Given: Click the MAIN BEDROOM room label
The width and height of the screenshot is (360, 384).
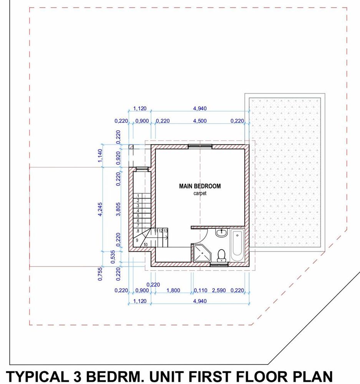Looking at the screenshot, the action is point(200,186).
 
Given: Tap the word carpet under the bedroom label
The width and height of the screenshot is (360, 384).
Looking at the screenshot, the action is point(200,193).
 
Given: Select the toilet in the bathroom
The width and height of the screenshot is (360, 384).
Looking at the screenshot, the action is point(221,255).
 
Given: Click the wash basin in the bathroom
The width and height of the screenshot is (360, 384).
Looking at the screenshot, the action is point(222,232).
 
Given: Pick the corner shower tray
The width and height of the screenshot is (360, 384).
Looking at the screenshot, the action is point(202,253).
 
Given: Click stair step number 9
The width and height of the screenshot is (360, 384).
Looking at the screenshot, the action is point(137,240).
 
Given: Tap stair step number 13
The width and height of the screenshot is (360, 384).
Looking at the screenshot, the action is point(166,231).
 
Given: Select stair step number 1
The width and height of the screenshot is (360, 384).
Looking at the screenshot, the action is point(138,196).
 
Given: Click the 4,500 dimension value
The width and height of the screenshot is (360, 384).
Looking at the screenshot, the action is point(200,121).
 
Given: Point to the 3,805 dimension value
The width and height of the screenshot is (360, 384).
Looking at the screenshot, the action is point(118,209).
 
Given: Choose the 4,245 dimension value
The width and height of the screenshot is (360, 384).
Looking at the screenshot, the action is point(100,209).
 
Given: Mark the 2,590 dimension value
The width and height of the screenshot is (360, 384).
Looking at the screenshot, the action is point(219,290).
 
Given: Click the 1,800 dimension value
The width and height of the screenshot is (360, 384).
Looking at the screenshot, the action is point(173,290).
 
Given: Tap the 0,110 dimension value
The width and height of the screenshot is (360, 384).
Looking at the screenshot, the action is point(201,290).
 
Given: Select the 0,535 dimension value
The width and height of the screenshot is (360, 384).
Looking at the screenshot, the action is point(113,257).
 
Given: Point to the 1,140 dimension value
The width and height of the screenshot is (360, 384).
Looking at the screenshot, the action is point(100,156).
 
